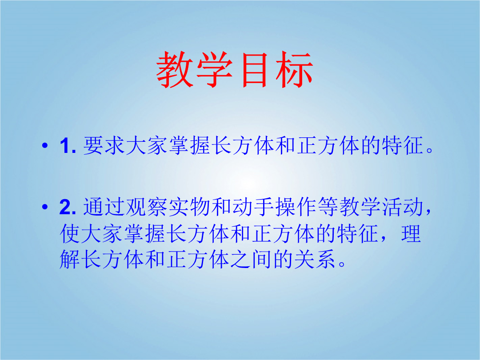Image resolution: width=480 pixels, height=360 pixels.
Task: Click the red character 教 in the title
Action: click(175, 70)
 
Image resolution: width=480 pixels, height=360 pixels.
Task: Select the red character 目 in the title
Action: click(255, 70)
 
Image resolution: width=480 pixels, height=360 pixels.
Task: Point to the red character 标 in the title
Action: click(295, 70)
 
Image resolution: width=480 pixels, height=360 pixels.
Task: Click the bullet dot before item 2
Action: click(45, 207)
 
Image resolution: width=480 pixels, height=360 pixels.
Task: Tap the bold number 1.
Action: click(68, 146)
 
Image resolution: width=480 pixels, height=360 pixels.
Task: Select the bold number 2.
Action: click(68, 207)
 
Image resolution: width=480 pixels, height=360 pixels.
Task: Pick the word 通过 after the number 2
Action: click(104, 207)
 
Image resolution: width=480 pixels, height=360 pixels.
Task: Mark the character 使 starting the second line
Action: click(70, 234)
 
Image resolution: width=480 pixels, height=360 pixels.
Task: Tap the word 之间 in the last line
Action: click(251, 260)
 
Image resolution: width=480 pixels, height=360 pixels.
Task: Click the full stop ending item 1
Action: click(429, 151)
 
